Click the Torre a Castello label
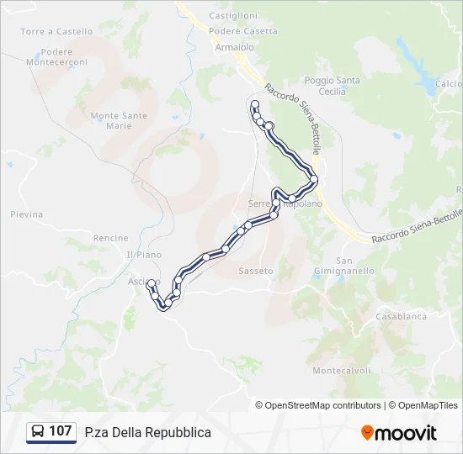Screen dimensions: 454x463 click(56, 32)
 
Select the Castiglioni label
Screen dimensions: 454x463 click(232, 16)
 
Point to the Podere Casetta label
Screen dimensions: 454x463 click(242, 31)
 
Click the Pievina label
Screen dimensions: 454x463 click(26, 214)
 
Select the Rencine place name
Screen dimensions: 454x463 click(111, 239)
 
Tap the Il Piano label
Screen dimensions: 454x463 click(143, 255)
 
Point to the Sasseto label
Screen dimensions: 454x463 click(256, 272)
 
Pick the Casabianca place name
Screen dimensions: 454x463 click(402, 317)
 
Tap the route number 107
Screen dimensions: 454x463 click(61, 431)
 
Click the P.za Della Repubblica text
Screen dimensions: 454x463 click(148, 432)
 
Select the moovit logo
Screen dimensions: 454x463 click(399, 433)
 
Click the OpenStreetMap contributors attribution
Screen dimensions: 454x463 click(318, 405)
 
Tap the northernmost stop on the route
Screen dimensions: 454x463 click(254, 104)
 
